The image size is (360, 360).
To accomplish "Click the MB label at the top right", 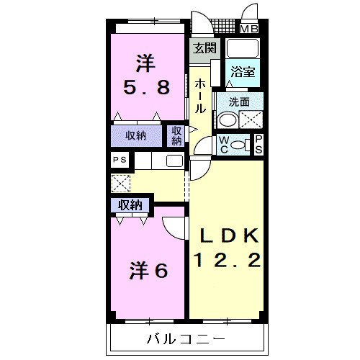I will (249, 30).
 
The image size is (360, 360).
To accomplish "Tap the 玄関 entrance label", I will (204, 49).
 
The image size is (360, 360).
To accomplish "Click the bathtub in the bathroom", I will (243, 49).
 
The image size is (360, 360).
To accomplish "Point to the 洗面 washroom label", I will (239, 102).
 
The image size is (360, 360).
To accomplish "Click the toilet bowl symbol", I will (245, 145).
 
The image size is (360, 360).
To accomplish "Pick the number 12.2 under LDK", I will (225, 259).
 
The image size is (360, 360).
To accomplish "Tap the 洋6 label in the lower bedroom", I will (148, 271).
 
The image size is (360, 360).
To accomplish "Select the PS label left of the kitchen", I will (119, 161).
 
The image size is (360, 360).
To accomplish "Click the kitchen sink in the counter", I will (174, 161).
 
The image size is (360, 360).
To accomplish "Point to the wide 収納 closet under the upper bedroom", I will (137, 135).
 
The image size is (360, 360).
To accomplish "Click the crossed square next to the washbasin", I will (251, 119).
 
